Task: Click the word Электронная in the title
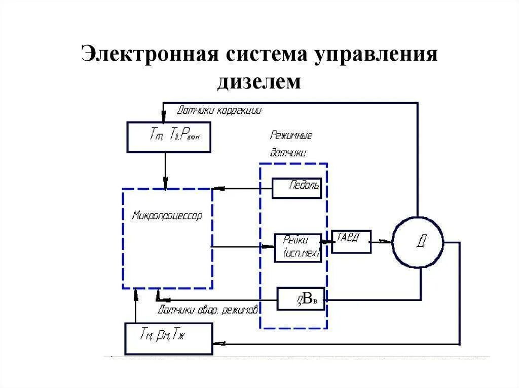pyautogui.click(x=146, y=54)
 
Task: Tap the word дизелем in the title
pyautogui.click(x=259, y=81)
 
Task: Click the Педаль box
pyautogui.click(x=296, y=188)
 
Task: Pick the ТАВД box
pyautogui.click(x=351, y=241)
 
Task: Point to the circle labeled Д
pyautogui.click(x=418, y=242)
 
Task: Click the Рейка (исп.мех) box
pyautogui.click(x=298, y=247)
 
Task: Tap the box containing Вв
pyautogui.click(x=301, y=299)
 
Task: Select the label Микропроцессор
pyautogui.click(x=167, y=216)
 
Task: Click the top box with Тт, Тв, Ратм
pyautogui.click(x=168, y=137)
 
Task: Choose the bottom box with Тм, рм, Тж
pyautogui.click(x=168, y=338)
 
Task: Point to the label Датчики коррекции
pyautogui.click(x=219, y=110)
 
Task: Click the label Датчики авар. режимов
pyautogui.click(x=208, y=309)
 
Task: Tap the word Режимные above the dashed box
pyautogui.click(x=291, y=136)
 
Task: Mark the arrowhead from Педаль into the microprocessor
pyautogui.click(x=217, y=189)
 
